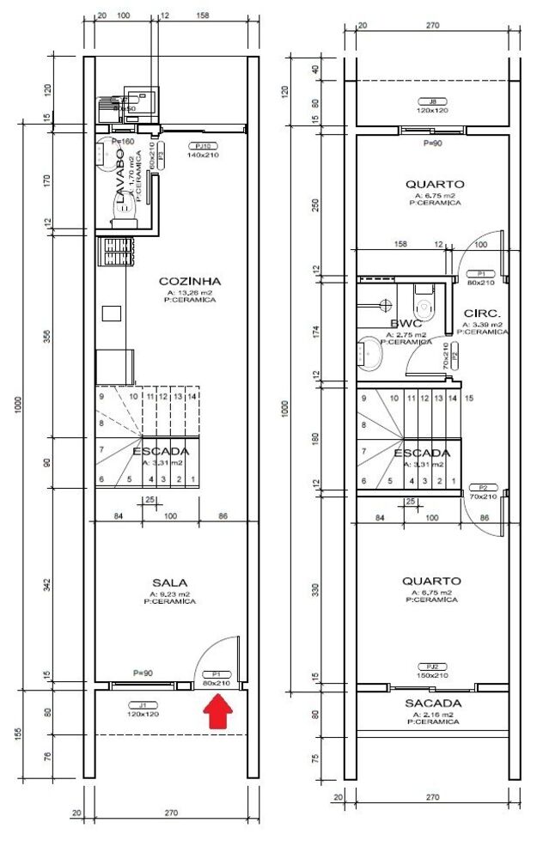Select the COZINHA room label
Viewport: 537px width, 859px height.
(x=190, y=281)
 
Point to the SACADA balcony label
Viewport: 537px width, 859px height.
(x=432, y=704)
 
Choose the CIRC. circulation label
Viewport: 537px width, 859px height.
(x=482, y=314)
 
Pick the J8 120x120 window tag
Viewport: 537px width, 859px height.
(x=434, y=106)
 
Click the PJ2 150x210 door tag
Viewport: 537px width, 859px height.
(x=432, y=670)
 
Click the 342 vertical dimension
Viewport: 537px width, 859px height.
(x=48, y=585)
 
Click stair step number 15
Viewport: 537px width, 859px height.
(x=468, y=399)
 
